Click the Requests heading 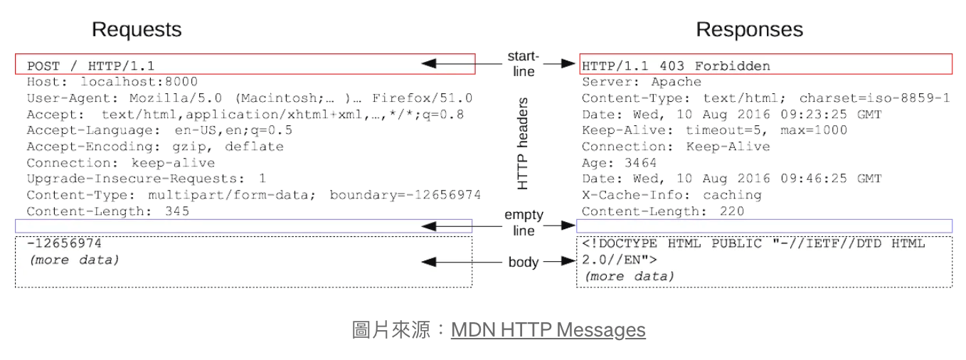[137, 30]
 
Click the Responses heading [749, 30]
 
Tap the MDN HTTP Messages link [548, 330]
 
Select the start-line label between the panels [523, 63]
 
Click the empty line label [524, 223]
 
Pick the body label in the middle [524, 263]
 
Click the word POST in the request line [43, 66]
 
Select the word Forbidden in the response [732, 66]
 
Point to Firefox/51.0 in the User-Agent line [422, 98]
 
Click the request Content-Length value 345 [177, 211]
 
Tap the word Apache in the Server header [676, 82]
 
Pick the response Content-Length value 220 [731, 211]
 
